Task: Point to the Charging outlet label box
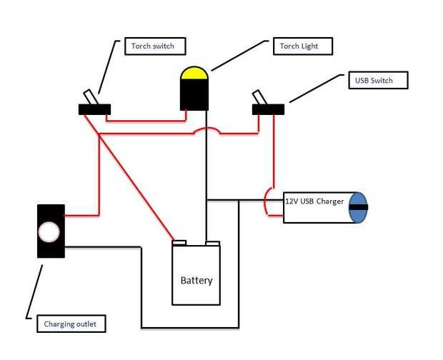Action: point(71,324)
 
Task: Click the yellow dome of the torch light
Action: point(194,74)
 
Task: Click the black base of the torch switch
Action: point(94,109)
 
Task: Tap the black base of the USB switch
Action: point(268,109)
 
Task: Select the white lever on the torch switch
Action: point(89,97)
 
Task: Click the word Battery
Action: point(196,281)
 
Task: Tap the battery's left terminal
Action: point(179,242)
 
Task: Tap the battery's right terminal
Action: point(211,243)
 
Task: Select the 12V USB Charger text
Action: point(314,201)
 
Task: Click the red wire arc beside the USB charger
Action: point(266,201)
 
